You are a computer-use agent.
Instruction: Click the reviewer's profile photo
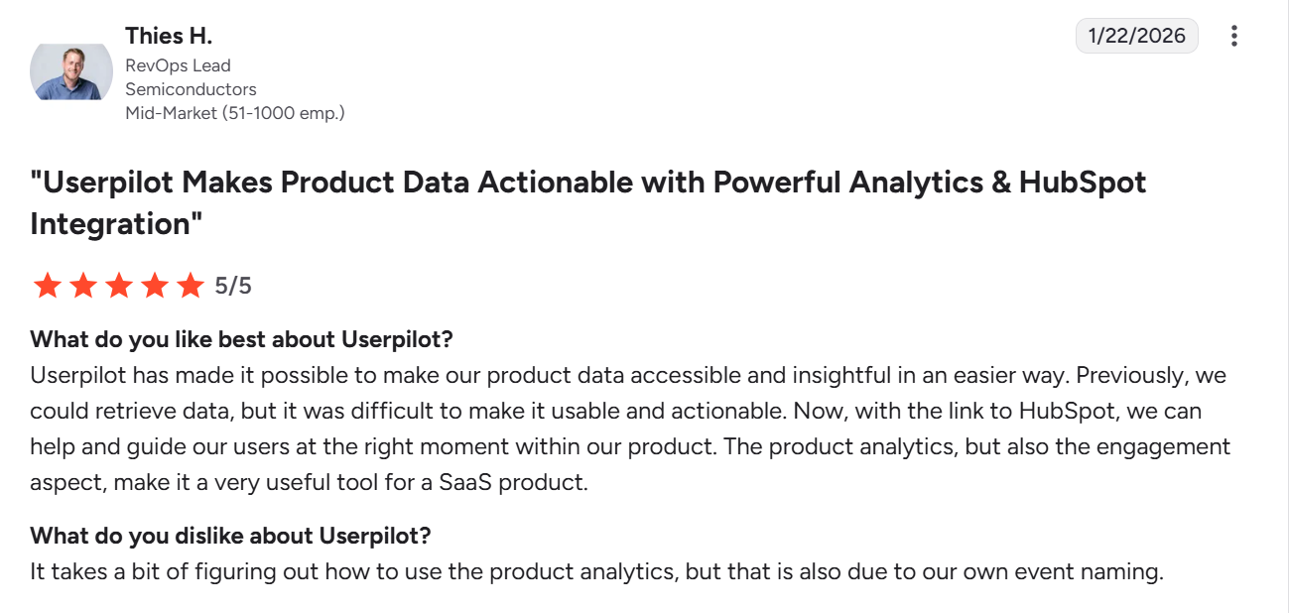(71, 71)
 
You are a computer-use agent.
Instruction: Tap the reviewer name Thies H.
(169, 36)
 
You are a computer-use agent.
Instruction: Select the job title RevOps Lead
(178, 65)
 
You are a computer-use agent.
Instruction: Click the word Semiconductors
(191, 89)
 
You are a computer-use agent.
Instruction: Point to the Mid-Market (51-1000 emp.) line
(234, 113)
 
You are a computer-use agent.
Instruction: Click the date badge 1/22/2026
(1136, 36)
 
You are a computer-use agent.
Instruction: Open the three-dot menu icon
(1233, 36)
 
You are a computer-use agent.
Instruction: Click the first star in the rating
(47, 287)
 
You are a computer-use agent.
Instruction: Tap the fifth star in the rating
(190, 287)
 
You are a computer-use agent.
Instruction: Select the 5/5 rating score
(233, 287)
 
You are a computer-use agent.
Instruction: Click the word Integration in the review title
(108, 223)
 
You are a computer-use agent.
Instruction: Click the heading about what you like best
(241, 339)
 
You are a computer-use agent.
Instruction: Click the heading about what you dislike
(230, 536)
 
